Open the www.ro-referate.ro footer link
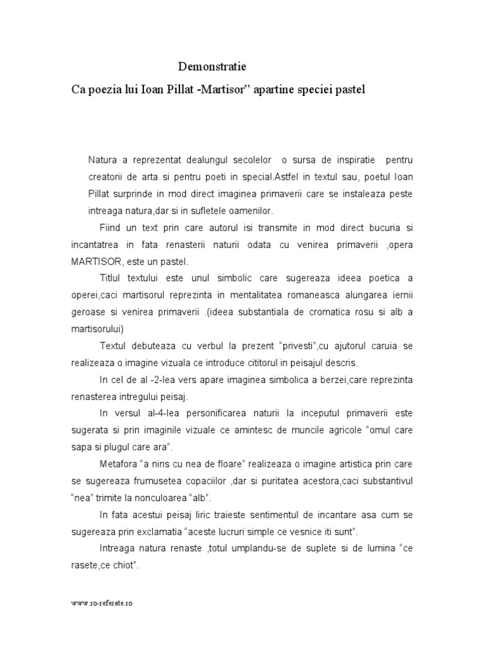coord(102,603)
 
